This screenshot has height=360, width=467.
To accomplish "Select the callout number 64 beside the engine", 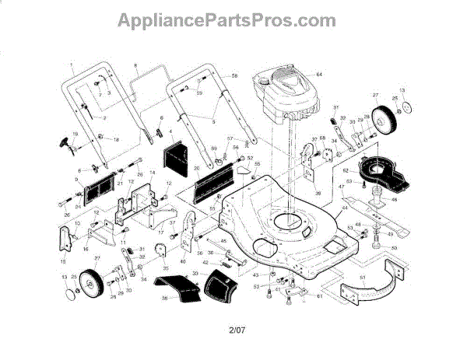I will point(318,73).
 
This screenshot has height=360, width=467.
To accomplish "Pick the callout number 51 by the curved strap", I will point(362,278).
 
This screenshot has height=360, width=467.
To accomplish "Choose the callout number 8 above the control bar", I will point(135,64).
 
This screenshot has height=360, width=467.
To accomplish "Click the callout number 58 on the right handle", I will point(234,75).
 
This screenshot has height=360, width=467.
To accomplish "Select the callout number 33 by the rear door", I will point(194,274).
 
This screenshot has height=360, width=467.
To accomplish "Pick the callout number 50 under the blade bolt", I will point(395,248).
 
